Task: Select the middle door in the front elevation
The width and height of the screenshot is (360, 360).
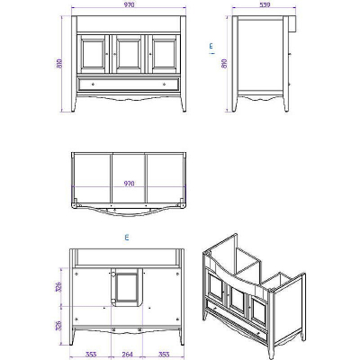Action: click(128, 53)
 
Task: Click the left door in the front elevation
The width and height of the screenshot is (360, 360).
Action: click(93, 53)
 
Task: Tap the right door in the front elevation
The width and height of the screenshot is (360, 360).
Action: click(163, 53)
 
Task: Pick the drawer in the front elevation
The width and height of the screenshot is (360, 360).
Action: click(128, 83)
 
